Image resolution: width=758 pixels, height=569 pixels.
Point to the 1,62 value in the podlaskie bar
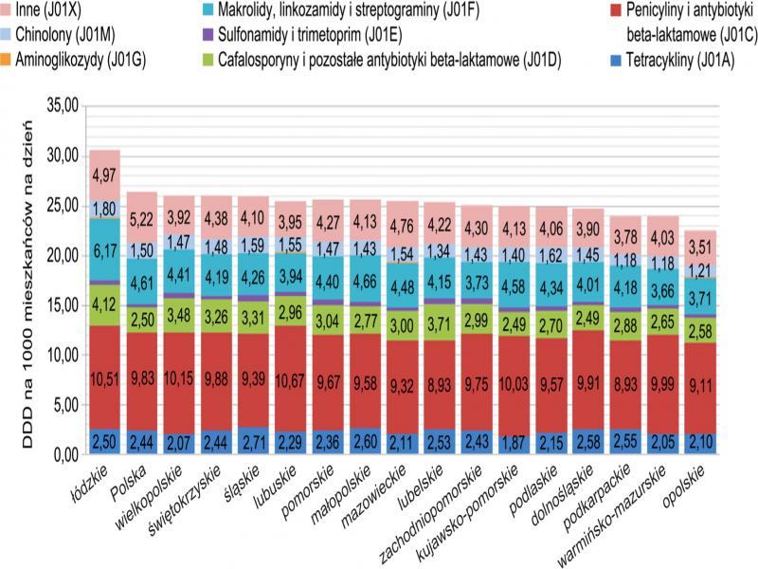point(551,255)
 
